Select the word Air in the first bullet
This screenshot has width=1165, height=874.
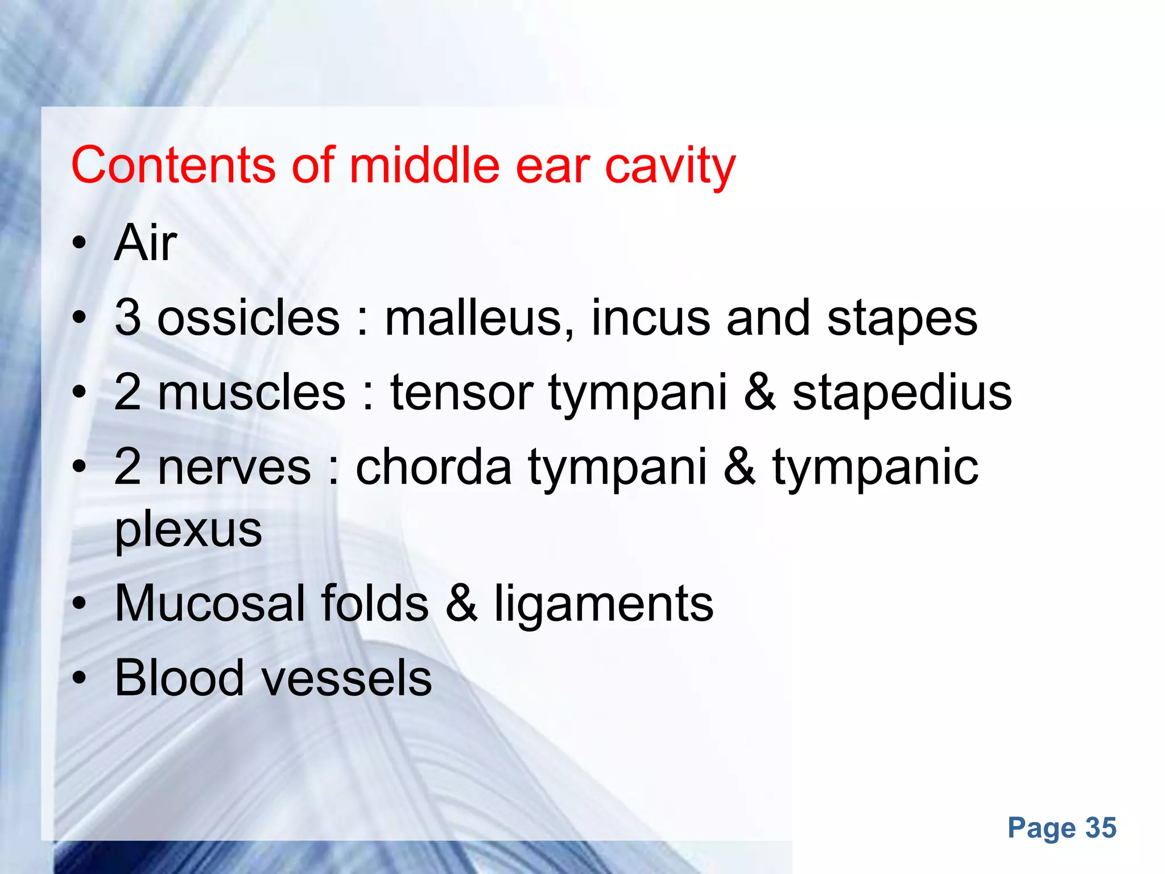click(146, 243)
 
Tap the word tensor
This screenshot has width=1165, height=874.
click(461, 392)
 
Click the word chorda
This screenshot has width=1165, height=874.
click(434, 467)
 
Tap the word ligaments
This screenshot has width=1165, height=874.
click(604, 605)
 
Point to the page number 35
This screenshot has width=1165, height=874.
click(1101, 828)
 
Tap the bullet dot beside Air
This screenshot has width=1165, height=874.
click(79, 244)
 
